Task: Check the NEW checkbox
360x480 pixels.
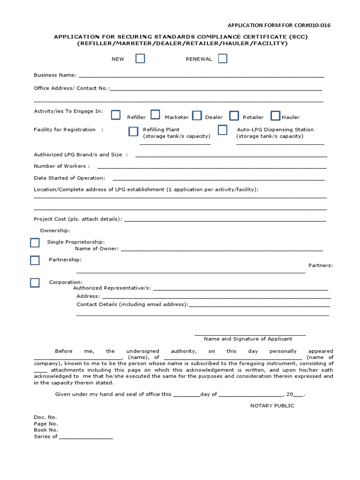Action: coord(140,59)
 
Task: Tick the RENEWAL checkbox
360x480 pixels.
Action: coord(223,59)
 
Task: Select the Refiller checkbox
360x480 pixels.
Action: coord(116,115)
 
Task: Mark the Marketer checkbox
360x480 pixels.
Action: coord(155,115)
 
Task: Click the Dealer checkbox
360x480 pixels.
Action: coord(197,115)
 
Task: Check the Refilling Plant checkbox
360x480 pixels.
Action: coord(134,131)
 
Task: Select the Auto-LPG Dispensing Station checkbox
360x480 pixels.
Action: coord(223,130)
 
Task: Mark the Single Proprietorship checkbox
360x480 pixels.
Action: coord(35,243)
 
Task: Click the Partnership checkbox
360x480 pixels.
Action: coord(35,261)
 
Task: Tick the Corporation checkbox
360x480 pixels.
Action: coord(35,283)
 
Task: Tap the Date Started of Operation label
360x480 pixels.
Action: coord(69,178)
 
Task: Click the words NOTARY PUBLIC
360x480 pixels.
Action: coord(272,405)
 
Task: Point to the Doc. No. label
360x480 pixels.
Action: coord(45,417)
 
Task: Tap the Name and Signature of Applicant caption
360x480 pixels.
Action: coord(248,338)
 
